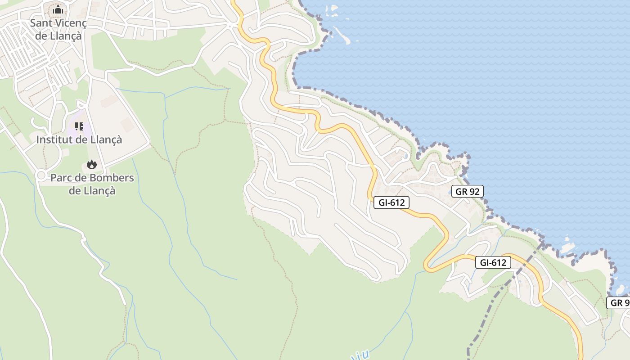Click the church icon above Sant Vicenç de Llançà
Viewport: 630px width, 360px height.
coord(58,9)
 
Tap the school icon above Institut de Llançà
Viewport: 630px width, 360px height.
coord(79,126)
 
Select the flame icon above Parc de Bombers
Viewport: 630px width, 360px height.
coord(92,165)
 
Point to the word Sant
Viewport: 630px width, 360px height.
coord(39,23)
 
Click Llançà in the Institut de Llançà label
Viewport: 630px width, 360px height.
coord(106,140)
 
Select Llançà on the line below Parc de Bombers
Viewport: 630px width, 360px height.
coord(100,191)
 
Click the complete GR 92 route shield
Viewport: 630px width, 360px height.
coord(468,191)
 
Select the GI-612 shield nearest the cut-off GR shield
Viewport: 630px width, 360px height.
coord(493,262)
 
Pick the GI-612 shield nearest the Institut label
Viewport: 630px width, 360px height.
coord(391,202)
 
